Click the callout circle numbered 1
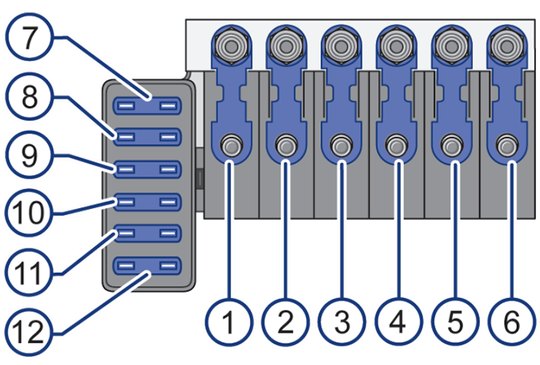[x=229, y=322]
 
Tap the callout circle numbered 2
[x=284, y=322]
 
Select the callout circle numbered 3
[x=341, y=322]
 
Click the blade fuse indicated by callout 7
[x=146, y=106]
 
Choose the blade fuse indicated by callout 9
[x=146, y=170]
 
